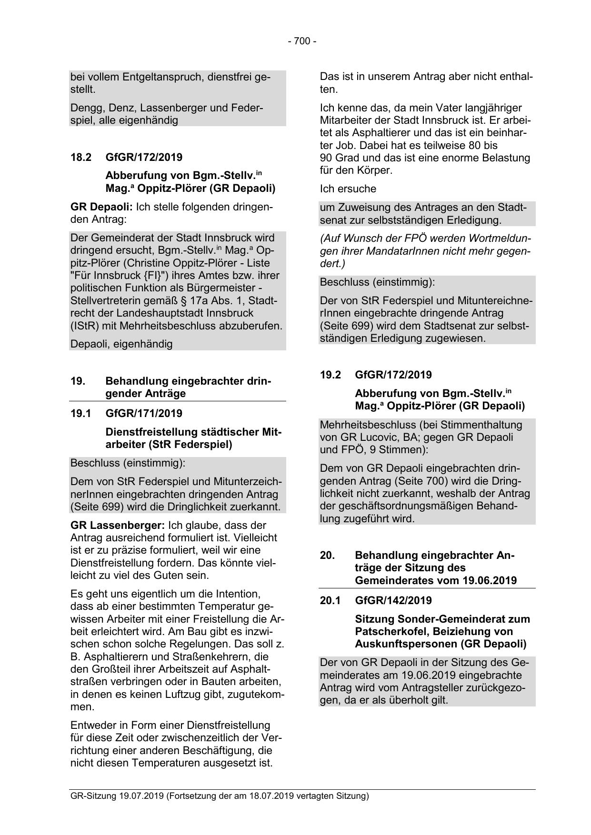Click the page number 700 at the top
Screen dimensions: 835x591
[301, 41]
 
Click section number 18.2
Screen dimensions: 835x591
[80, 157]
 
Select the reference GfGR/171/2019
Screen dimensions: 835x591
[144, 413]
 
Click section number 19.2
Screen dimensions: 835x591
[331, 375]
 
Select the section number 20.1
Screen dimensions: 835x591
[331, 600]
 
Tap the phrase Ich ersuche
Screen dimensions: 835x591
[348, 189]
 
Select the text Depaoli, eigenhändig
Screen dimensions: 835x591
[121, 343]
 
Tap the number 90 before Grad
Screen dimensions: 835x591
[326, 158]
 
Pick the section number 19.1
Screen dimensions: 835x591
[80, 413]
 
